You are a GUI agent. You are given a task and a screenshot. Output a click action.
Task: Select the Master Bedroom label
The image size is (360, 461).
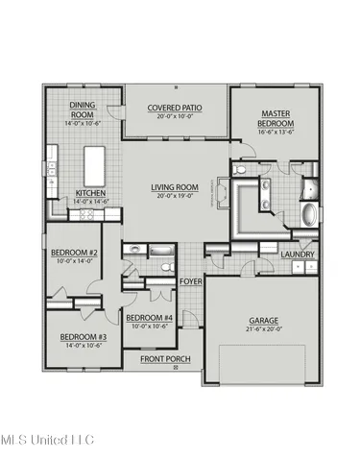[276, 119]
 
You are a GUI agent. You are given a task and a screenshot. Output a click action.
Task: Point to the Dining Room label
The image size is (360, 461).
[83, 112]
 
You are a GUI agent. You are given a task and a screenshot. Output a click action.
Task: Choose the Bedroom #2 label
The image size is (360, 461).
[73, 254]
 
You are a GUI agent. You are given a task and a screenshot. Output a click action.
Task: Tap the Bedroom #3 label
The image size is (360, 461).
[84, 337]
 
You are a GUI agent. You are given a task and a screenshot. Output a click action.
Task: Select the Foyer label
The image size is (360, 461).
[190, 281]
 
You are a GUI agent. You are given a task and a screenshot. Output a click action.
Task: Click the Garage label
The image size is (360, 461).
[262, 319]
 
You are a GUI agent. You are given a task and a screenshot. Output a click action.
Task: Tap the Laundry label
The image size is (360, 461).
[298, 254]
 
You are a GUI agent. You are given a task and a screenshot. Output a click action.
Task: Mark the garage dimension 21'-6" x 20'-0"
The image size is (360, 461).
[262, 328]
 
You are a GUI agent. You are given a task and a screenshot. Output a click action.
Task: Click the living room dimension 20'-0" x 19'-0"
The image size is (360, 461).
[173, 196]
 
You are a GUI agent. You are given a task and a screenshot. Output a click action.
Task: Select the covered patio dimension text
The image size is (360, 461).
[175, 117]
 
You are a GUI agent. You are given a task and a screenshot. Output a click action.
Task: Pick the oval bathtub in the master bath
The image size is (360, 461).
[310, 212]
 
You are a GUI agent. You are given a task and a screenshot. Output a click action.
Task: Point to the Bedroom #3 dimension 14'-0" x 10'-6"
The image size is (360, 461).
[84, 347]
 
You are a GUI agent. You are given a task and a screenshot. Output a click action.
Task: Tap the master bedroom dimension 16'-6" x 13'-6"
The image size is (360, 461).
[276, 133]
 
